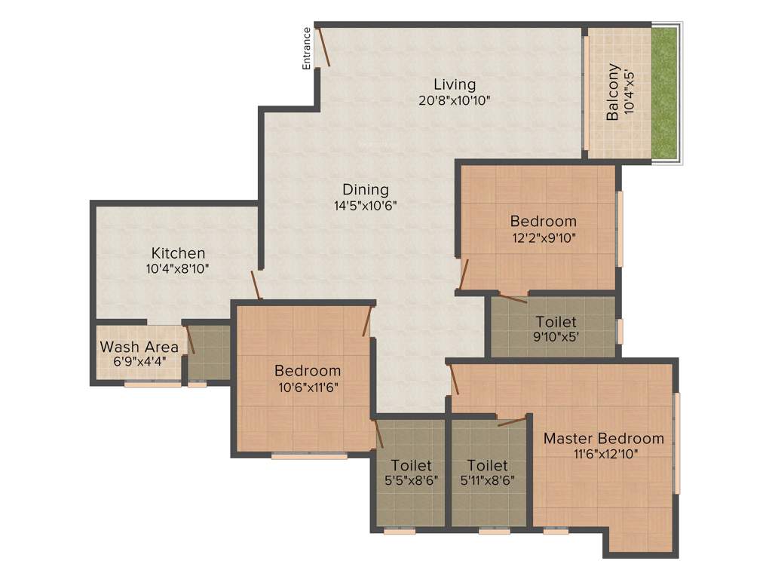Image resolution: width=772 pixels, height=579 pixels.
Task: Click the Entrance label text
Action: pos(306,48)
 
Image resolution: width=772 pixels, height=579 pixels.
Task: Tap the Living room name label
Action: pos(455,84)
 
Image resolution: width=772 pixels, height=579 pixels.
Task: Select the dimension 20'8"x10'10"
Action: pos(455,100)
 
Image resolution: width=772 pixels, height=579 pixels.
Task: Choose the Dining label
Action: pos(366,189)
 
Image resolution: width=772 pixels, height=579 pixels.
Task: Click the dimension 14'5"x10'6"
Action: pos(366,205)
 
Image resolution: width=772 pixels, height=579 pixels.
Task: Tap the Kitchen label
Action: pos(178,253)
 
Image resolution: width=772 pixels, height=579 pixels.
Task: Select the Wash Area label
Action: pos(139,347)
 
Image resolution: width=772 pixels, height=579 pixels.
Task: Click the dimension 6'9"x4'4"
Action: pos(139,361)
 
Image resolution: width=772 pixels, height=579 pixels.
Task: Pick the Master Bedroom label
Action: pos(604,438)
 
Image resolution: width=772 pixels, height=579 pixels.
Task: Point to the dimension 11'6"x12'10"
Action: pos(604,454)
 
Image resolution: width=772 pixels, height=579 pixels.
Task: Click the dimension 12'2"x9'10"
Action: pos(543,237)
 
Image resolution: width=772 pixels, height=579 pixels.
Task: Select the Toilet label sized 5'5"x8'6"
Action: pos(411,465)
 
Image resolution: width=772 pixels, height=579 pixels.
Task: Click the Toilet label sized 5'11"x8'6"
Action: pos(487,465)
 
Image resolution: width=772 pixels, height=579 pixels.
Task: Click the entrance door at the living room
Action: pos(323,47)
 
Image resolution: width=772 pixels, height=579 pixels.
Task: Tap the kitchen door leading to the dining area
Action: pos(256,285)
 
